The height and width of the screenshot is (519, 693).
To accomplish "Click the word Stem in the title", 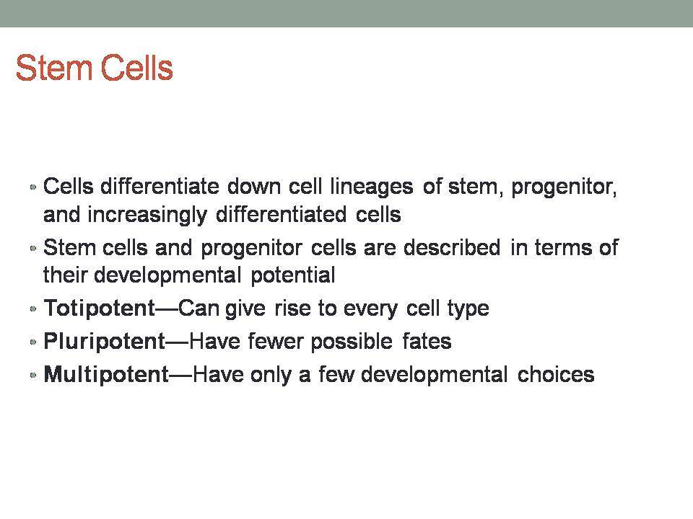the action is pyautogui.click(x=53, y=68).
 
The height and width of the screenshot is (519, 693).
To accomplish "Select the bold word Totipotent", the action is pyautogui.click(x=100, y=308).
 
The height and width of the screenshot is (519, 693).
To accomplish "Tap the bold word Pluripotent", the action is pyautogui.click(x=104, y=341).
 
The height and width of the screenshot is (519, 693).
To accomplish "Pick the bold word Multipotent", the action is pyautogui.click(x=107, y=374).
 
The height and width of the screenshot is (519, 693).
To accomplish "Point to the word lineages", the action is pyautogui.click(x=372, y=187).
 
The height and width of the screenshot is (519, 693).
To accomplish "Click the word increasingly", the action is pyautogui.click(x=147, y=215).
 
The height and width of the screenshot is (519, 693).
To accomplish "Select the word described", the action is pyautogui.click(x=452, y=247).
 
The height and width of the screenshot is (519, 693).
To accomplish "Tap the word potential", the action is pyautogui.click(x=293, y=275).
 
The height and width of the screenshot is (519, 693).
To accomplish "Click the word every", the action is pyautogui.click(x=370, y=308).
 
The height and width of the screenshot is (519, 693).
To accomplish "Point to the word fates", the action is pyautogui.click(x=427, y=341).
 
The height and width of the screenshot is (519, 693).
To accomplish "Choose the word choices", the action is pyautogui.click(x=556, y=374).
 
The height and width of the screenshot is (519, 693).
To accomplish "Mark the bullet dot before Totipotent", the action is pyautogui.click(x=32, y=309).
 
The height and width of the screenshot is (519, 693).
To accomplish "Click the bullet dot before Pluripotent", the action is pyautogui.click(x=32, y=342).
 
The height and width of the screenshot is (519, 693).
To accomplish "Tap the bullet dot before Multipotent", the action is pyautogui.click(x=32, y=375).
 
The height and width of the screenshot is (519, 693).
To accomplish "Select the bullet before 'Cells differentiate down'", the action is pyautogui.click(x=32, y=187).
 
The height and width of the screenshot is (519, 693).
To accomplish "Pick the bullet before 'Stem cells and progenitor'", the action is pyautogui.click(x=32, y=248).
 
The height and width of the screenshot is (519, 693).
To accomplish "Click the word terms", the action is pyautogui.click(x=563, y=247).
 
